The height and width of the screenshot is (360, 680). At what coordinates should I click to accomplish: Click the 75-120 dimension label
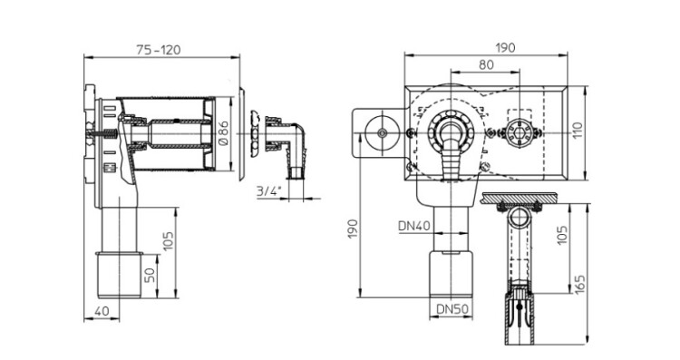pyautogui.click(x=159, y=50)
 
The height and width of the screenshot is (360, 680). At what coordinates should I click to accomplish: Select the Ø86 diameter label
pyautogui.click(x=224, y=133)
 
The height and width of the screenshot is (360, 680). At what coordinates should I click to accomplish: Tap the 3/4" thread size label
pyautogui.click(x=269, y=190)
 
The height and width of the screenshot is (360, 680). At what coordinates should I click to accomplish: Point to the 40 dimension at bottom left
pyautogui.click(x=102, y=311)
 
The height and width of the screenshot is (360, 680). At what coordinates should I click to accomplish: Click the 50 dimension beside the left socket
pyautogui.click(x=150, y=275)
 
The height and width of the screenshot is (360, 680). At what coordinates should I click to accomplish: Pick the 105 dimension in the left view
pyautogui.click(x=168, y=241)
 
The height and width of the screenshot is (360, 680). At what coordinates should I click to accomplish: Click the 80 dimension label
pyautogui.click(x=486, y=64)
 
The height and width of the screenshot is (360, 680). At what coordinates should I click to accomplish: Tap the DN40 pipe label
pyautogui.click(x=414, y=226)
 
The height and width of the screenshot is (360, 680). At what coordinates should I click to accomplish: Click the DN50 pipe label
pyautogui.click(x=452, y=309)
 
